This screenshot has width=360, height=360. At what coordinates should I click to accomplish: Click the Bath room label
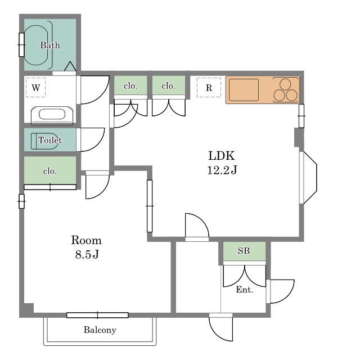pyautogui.click(x=50, y=45)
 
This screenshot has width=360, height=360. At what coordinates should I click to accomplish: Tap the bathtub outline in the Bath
pyautogui.click(x=36, y=45)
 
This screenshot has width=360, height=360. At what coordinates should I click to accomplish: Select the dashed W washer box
pyautogui.click(x=35, y=88)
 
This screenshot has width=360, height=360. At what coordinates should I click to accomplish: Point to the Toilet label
pyautogui.click(x=50, y=140)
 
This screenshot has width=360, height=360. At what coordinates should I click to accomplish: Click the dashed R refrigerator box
pyautogui.click(x=209, y=88)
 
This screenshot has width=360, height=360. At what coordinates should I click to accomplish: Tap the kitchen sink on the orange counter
pyautogui.click(x=244, y=90)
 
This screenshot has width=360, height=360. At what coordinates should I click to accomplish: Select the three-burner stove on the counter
pyautogui.click(x=285, y=90)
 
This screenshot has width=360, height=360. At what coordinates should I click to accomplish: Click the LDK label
pyautogui.click(x=222, y=156)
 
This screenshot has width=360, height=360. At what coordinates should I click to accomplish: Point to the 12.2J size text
pyautogui.click(x=222, y=170)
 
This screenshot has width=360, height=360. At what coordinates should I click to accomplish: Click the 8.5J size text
pyautogui.click(x=87, y=254)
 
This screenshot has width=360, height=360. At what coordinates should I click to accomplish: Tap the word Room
pyautogui.click(x=86, y=240)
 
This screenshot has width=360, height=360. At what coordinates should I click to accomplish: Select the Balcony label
pyautogui.click(x=100, y=330)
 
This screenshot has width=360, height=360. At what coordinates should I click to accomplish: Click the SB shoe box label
pyautogui.click(x=244, y=251)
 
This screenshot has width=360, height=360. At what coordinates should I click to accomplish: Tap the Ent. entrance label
pyautogui.click(x=245, y=290)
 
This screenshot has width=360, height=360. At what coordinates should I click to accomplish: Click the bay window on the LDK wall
pyautogui.click(x=308, y=178)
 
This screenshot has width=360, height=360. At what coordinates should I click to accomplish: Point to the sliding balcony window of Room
pyautogui.click(x=97, y=315)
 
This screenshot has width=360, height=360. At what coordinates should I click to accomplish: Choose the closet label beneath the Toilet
pyautogui.click(x=50, y=171)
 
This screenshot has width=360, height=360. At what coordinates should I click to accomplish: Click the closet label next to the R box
pyautogui.click(x=169, y=86)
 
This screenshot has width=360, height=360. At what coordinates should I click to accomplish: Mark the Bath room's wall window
pyautogui.click(x=21, y=45)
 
